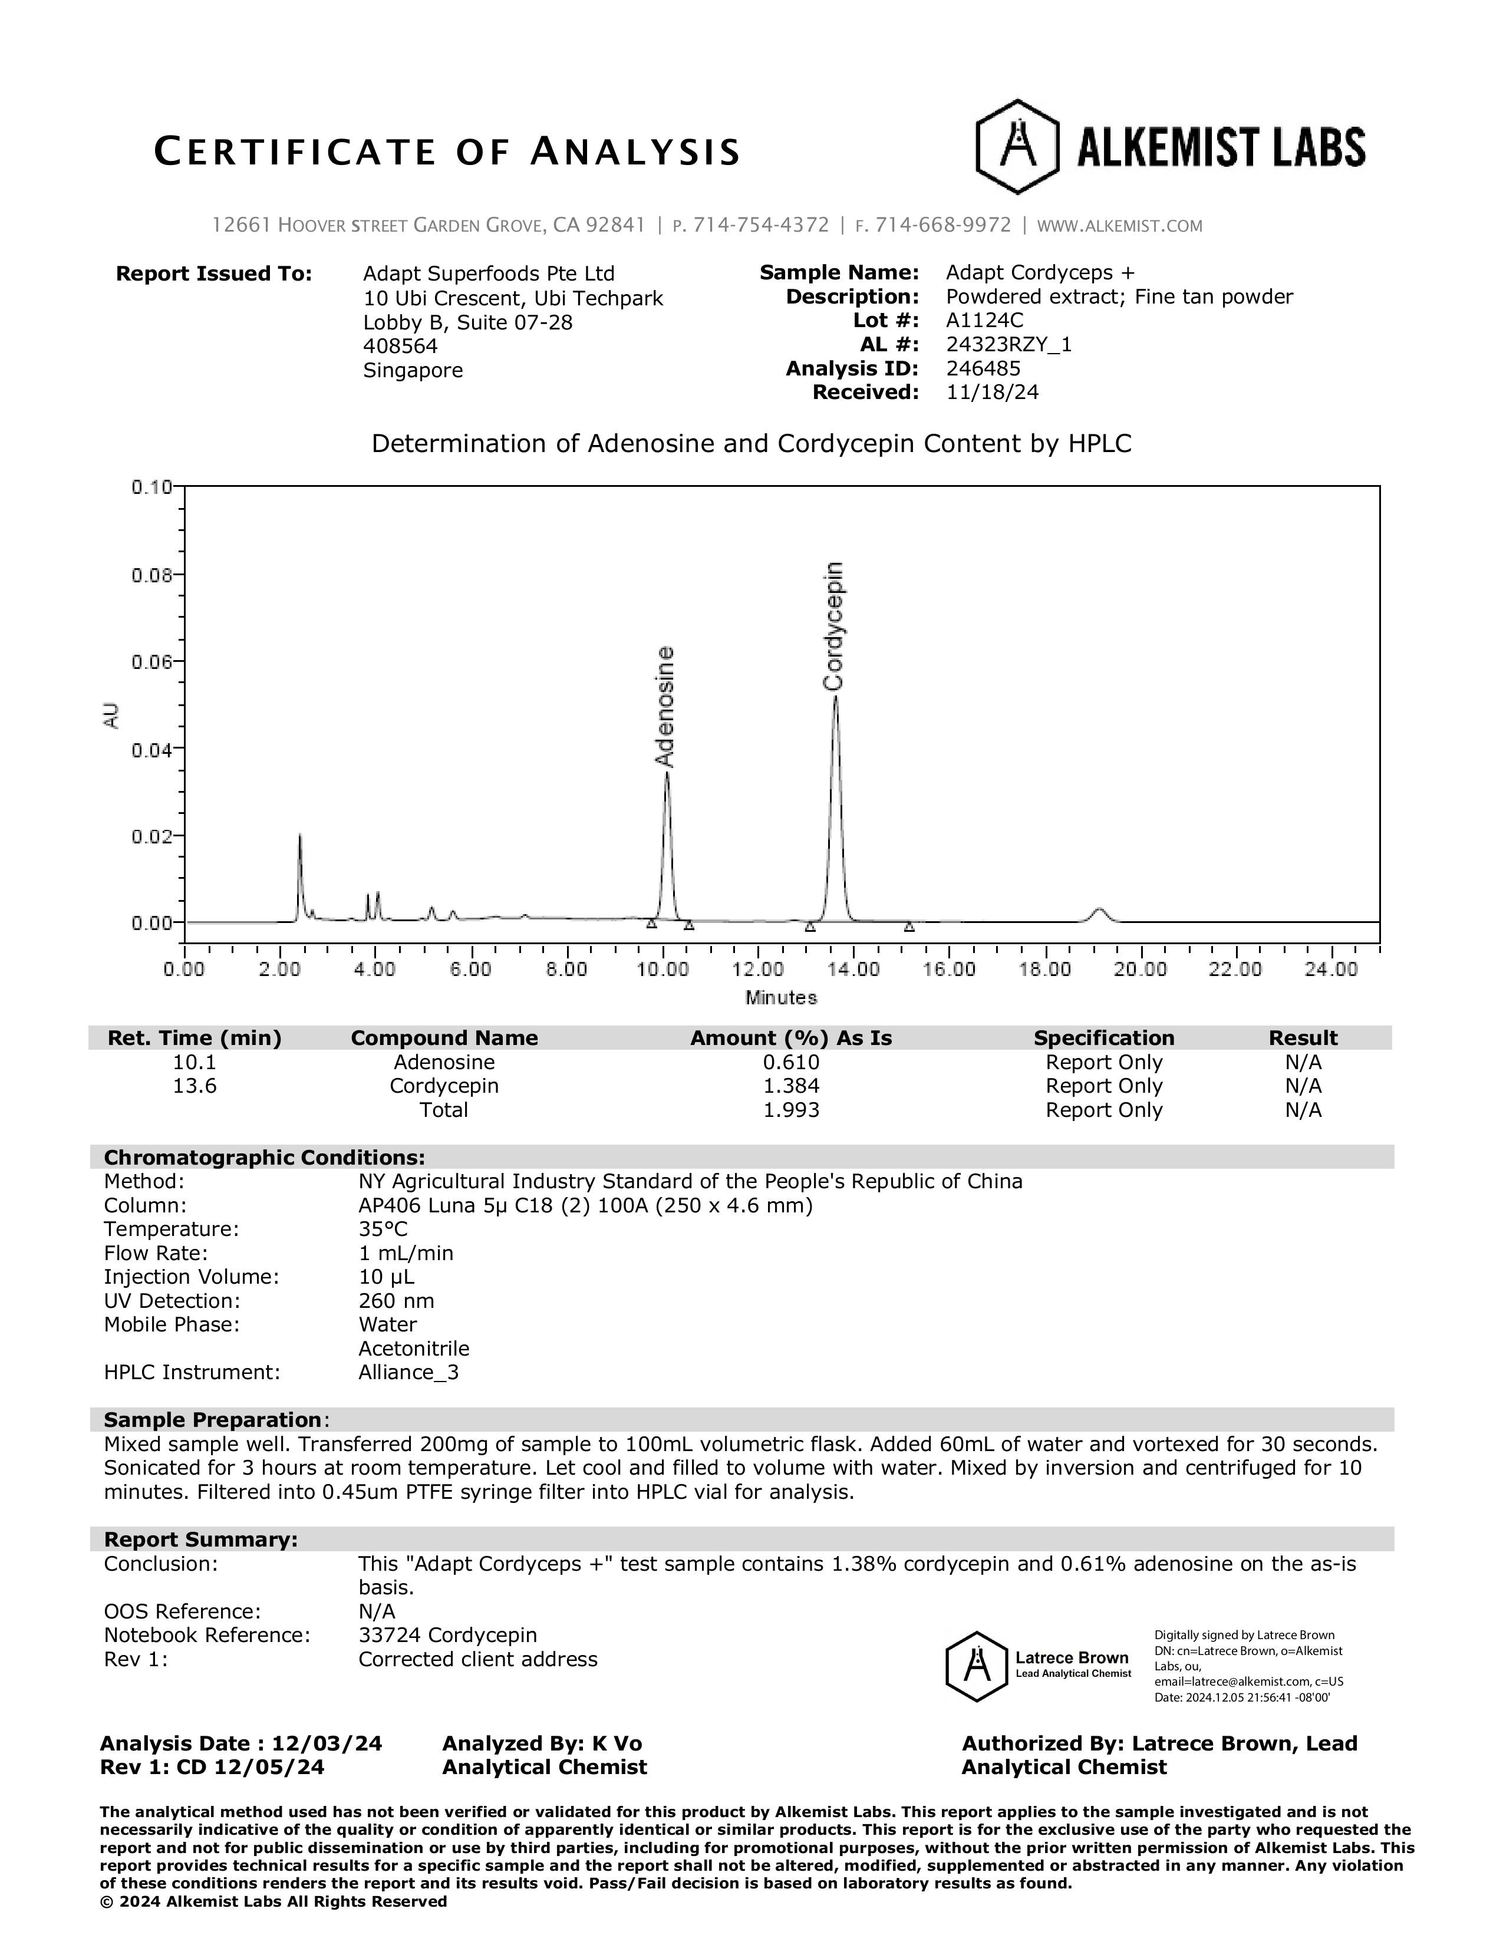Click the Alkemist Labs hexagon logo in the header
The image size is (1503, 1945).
click(1017, 147)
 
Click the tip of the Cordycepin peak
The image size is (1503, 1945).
click(835, 697)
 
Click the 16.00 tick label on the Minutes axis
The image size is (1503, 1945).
click(948, 970)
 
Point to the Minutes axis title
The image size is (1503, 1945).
click(781, 997)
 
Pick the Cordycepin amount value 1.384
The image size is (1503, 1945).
click(790, 1086)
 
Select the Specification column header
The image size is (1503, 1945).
click(1103, 1037)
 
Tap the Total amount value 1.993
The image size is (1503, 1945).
click(790, 1110)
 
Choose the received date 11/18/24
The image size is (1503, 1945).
click(992, 393)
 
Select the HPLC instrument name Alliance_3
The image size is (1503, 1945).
click(408, 1372)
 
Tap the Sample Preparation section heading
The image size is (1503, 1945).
click(213, 1420)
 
